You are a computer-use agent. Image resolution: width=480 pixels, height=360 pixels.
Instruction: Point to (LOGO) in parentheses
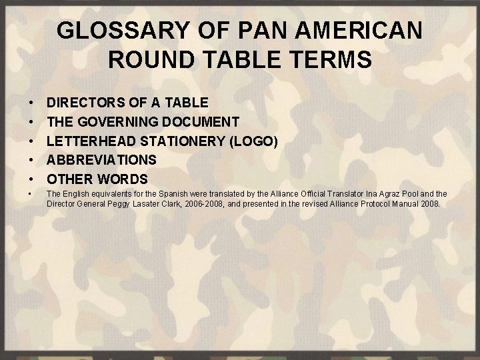click(257, 141)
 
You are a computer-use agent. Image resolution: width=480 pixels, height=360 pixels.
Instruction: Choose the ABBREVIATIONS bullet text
click(102, 160)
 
